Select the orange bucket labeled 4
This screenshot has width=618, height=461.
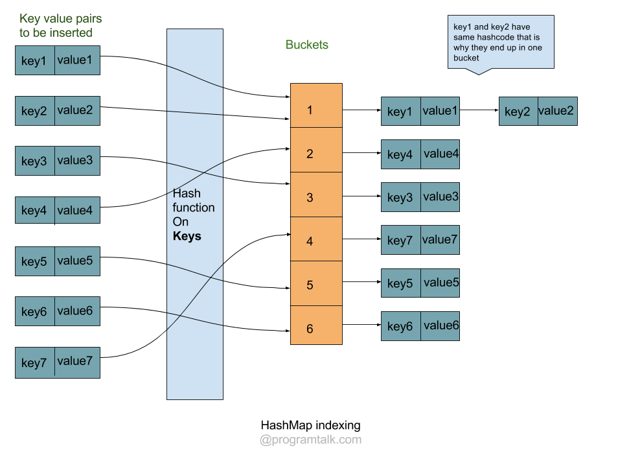[316, 241]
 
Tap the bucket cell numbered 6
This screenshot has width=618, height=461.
[316, 329]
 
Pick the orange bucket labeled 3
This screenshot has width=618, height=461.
[316, 196]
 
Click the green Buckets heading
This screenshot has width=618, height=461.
[307, 45]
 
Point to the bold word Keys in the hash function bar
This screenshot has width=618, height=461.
[187, 236]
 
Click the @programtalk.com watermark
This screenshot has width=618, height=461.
[310, 440]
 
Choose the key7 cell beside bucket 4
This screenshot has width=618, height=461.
[400, 241]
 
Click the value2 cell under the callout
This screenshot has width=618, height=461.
[556, 112]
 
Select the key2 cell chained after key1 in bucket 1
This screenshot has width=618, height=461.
[518, 112]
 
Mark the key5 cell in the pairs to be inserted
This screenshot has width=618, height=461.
[35, 262]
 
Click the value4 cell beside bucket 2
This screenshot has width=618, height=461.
[441, 154]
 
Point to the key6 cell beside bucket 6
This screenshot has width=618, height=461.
[400, 326]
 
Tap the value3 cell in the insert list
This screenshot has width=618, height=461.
[77, 161]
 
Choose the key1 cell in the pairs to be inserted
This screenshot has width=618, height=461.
[35, 61]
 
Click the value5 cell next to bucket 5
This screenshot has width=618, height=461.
[441, 283]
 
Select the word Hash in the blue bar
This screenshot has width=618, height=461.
[187, 193]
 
